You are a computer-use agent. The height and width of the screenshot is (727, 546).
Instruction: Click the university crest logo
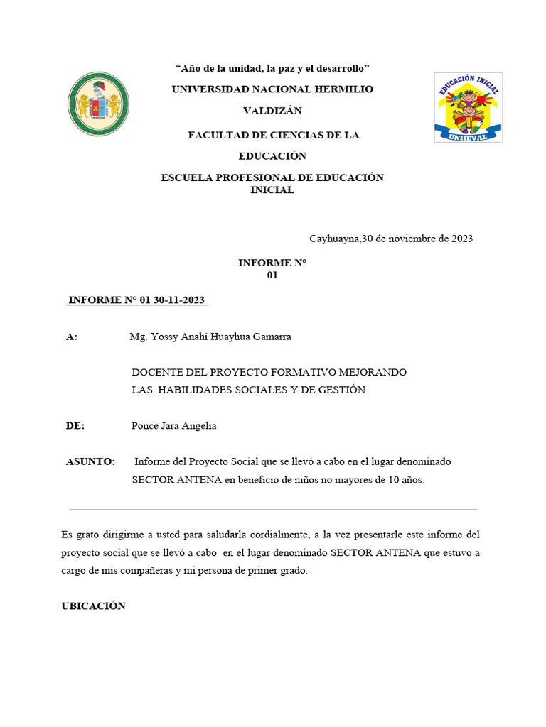[98, 104]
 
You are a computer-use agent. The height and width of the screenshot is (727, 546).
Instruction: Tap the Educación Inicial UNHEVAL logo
[469, 107]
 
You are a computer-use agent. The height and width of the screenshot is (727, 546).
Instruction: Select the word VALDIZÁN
[272, 111]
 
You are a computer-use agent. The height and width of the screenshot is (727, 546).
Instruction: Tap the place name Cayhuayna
[334, 239]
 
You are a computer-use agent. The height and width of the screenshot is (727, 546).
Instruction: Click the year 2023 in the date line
[460, 239]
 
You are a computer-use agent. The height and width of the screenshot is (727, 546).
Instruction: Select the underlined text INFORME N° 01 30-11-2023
[136, 300]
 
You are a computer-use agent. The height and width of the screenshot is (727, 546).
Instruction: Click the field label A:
[72, 337]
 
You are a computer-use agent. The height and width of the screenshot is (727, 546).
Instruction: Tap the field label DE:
[75, 426]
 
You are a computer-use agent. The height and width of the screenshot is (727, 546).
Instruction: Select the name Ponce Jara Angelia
[173, 426]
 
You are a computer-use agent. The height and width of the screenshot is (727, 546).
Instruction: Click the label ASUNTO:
[90, 461]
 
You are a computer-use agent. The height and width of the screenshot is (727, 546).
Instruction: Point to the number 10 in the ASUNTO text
[393, 480]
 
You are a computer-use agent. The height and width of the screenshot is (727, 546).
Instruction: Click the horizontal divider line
[273, 510]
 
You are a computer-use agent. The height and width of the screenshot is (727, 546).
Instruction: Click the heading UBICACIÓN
[94, 606]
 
